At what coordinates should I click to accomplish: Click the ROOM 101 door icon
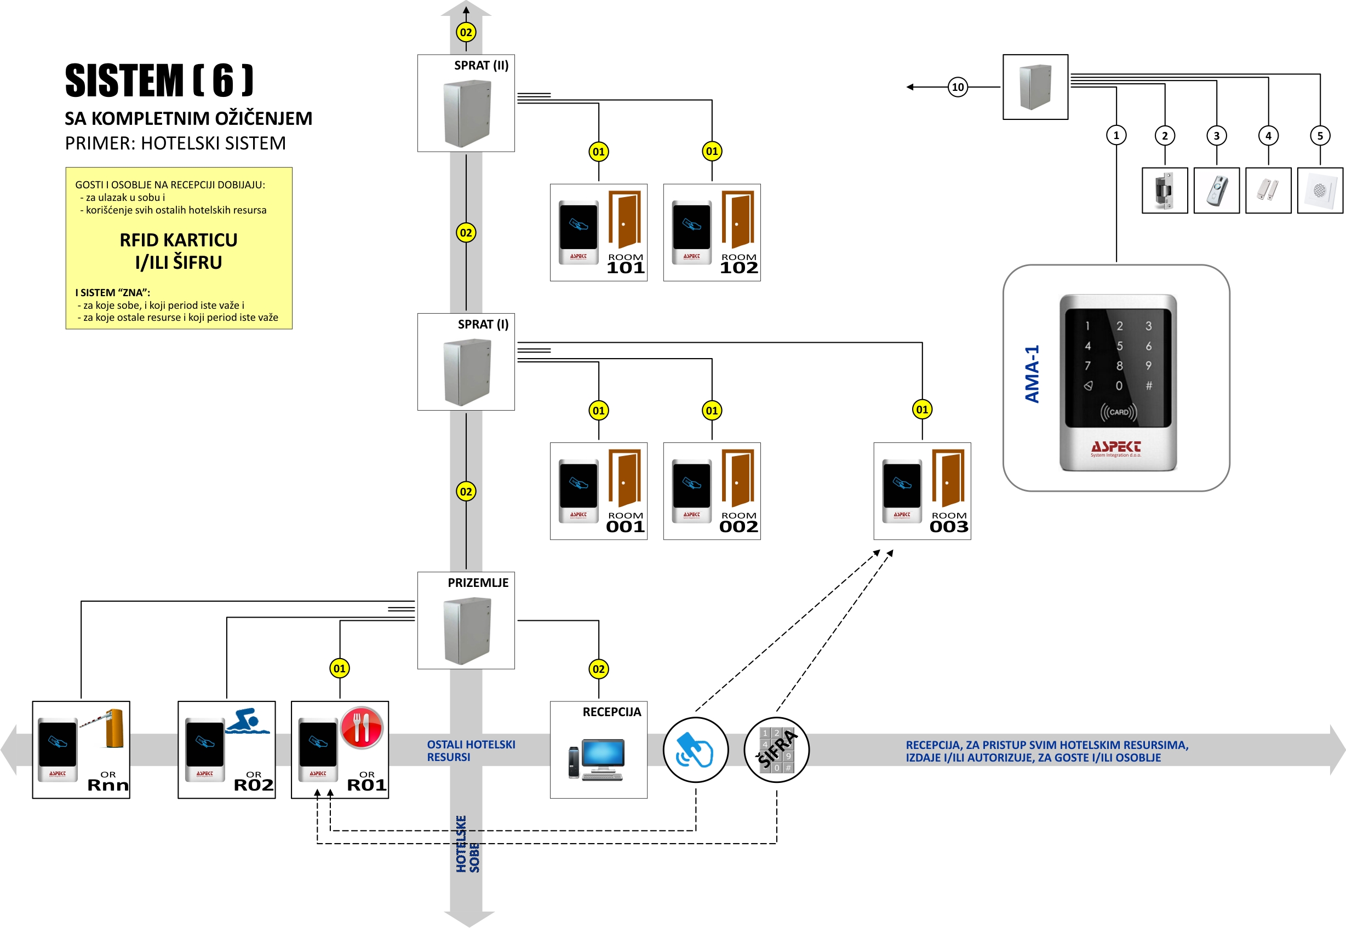tap(625, 219)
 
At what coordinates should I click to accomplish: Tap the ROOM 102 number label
tap(738, 268)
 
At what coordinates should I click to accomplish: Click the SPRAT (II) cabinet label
tap(481, 65)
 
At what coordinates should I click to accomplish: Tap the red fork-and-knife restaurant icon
tap(361, 727)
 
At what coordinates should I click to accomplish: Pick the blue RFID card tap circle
tap(695, 750)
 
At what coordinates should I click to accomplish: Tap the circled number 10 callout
tap(958, 87)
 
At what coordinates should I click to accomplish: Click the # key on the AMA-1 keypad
tap(1149, 385)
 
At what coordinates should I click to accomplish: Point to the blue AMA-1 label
tap(1032, 374)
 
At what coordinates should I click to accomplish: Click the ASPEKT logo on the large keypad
tap(1116, 447)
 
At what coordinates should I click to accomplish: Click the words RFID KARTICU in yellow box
tap(179, 240)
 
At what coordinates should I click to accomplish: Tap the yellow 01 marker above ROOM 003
tap(922, 410)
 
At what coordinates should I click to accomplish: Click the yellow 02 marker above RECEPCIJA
tap(598, 668)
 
